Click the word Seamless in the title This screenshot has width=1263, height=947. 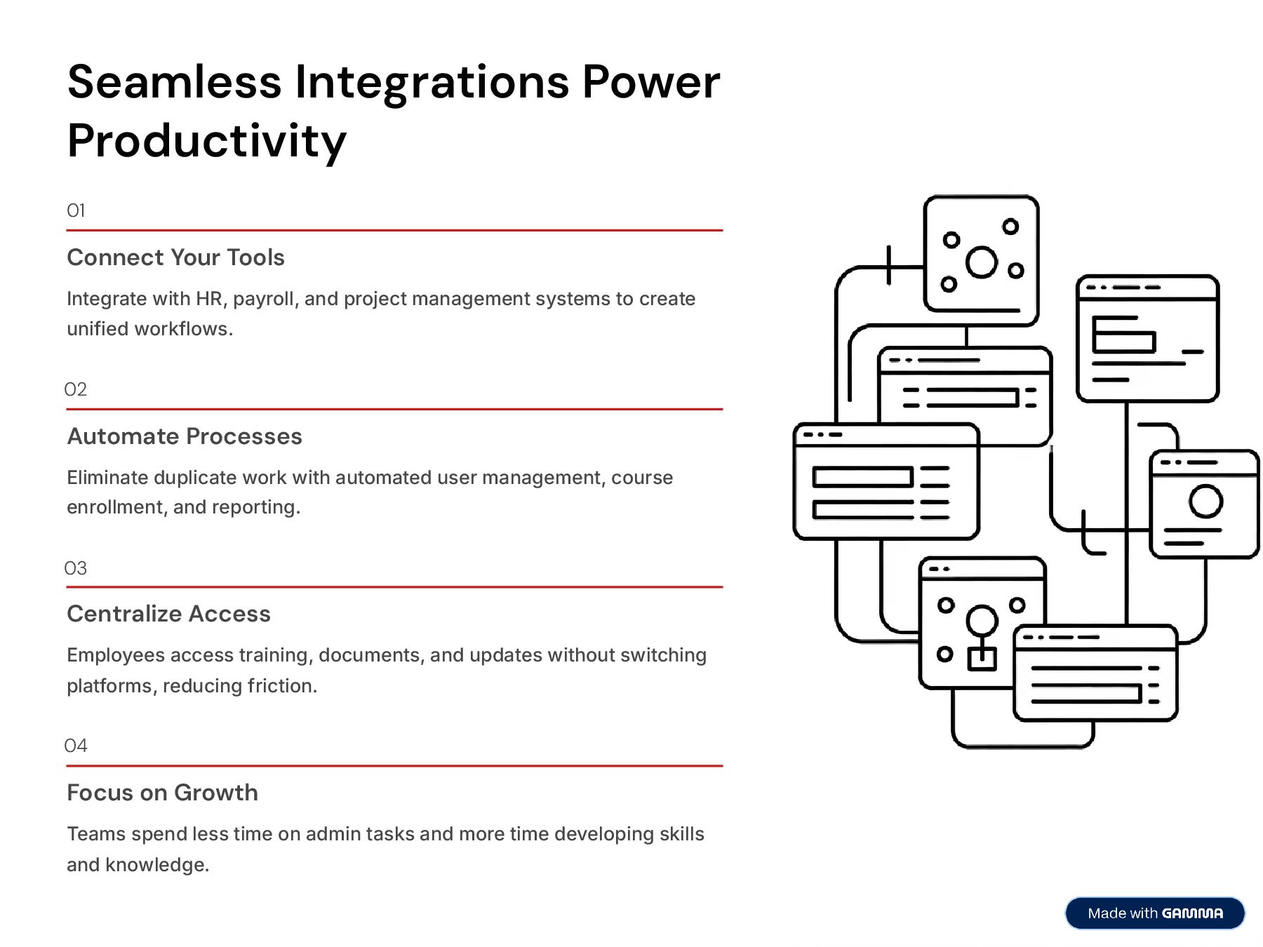(x=174, y=81)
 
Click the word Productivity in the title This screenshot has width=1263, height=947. (x=207, y=140)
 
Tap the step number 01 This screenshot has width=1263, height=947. (x=76, y=210)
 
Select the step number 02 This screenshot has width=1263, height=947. (x=76, y=389)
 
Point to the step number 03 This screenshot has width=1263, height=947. (x=76, y=568)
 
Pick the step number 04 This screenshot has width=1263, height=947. (x=76, y=746)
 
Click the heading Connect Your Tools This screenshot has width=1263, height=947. (x=175, y=257)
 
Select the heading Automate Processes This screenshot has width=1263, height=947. (x=185, y=436)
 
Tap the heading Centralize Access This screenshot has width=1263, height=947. (x=168, y=614)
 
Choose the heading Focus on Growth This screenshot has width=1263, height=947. (x=162, y=793)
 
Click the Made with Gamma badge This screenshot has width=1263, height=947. (x=1154, y=913)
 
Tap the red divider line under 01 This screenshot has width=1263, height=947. (x=394, y=230)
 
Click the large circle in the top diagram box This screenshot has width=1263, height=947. (x=981, y=262)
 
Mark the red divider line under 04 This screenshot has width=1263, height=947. (x=394, y=766)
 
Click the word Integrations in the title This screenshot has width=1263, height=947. (x=432, y=81)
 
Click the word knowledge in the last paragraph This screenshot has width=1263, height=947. (x=156, y=865)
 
